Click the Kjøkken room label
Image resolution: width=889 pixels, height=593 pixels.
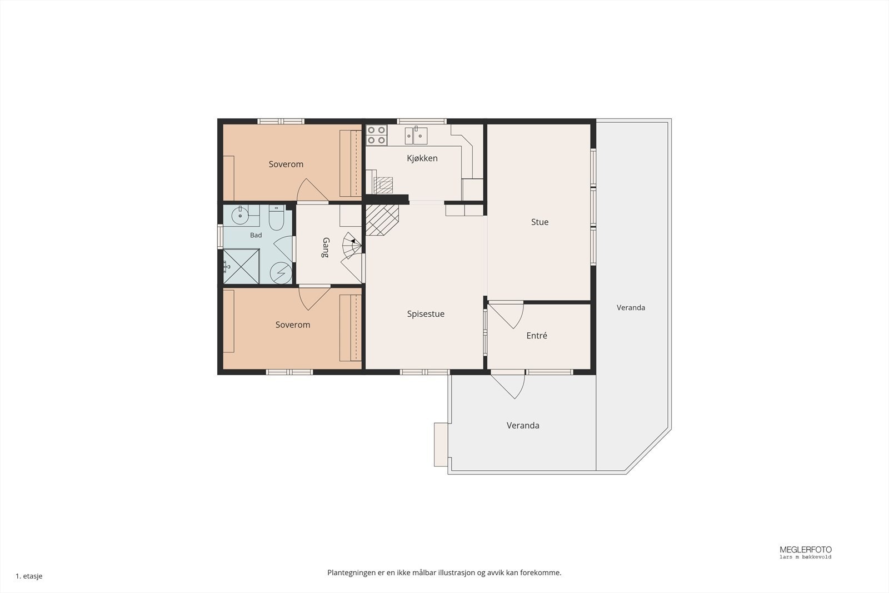pyautogui.click(x=422, y=158)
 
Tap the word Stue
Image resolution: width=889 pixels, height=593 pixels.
pyautogui.click(x=540, y=222)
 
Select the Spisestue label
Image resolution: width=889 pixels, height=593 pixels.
pyautogui.click(x=426, y=314)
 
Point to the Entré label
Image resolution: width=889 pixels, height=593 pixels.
pyautogui.click(x=537, y=335)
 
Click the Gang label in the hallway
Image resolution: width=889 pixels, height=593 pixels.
pyautogui.click(x=326, y=247)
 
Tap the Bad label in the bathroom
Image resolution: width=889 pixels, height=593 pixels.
pyautogui.click(x=256, y=235)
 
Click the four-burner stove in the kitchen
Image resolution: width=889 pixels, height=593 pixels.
pyautogui.click(x=376, y=135)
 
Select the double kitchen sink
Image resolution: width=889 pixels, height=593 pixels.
pyautogui.click(x=416, y=136)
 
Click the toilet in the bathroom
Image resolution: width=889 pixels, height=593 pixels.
pyautogui.click(x=276, y=217)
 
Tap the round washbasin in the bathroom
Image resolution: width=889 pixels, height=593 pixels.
pyautogui.click(x=240, y=215)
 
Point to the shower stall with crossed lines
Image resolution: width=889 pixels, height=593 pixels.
pyautogui.click(x=241, y=266)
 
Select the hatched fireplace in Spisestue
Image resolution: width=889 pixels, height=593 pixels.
pyautogui.click(x=382, y=220)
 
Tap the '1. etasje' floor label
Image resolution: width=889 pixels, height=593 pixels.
pyautogui.click(x=29, y=576)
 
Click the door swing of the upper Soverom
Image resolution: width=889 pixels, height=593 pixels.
pyautogui.click(x=312, y=190)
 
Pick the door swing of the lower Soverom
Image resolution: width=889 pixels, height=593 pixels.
pyautogui.click(x=314, y=298)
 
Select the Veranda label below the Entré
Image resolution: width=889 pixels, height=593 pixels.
pyautogui.click(x=523, y=426)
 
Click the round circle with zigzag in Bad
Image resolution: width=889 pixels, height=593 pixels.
pyautogui.click(x=281, y=273)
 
